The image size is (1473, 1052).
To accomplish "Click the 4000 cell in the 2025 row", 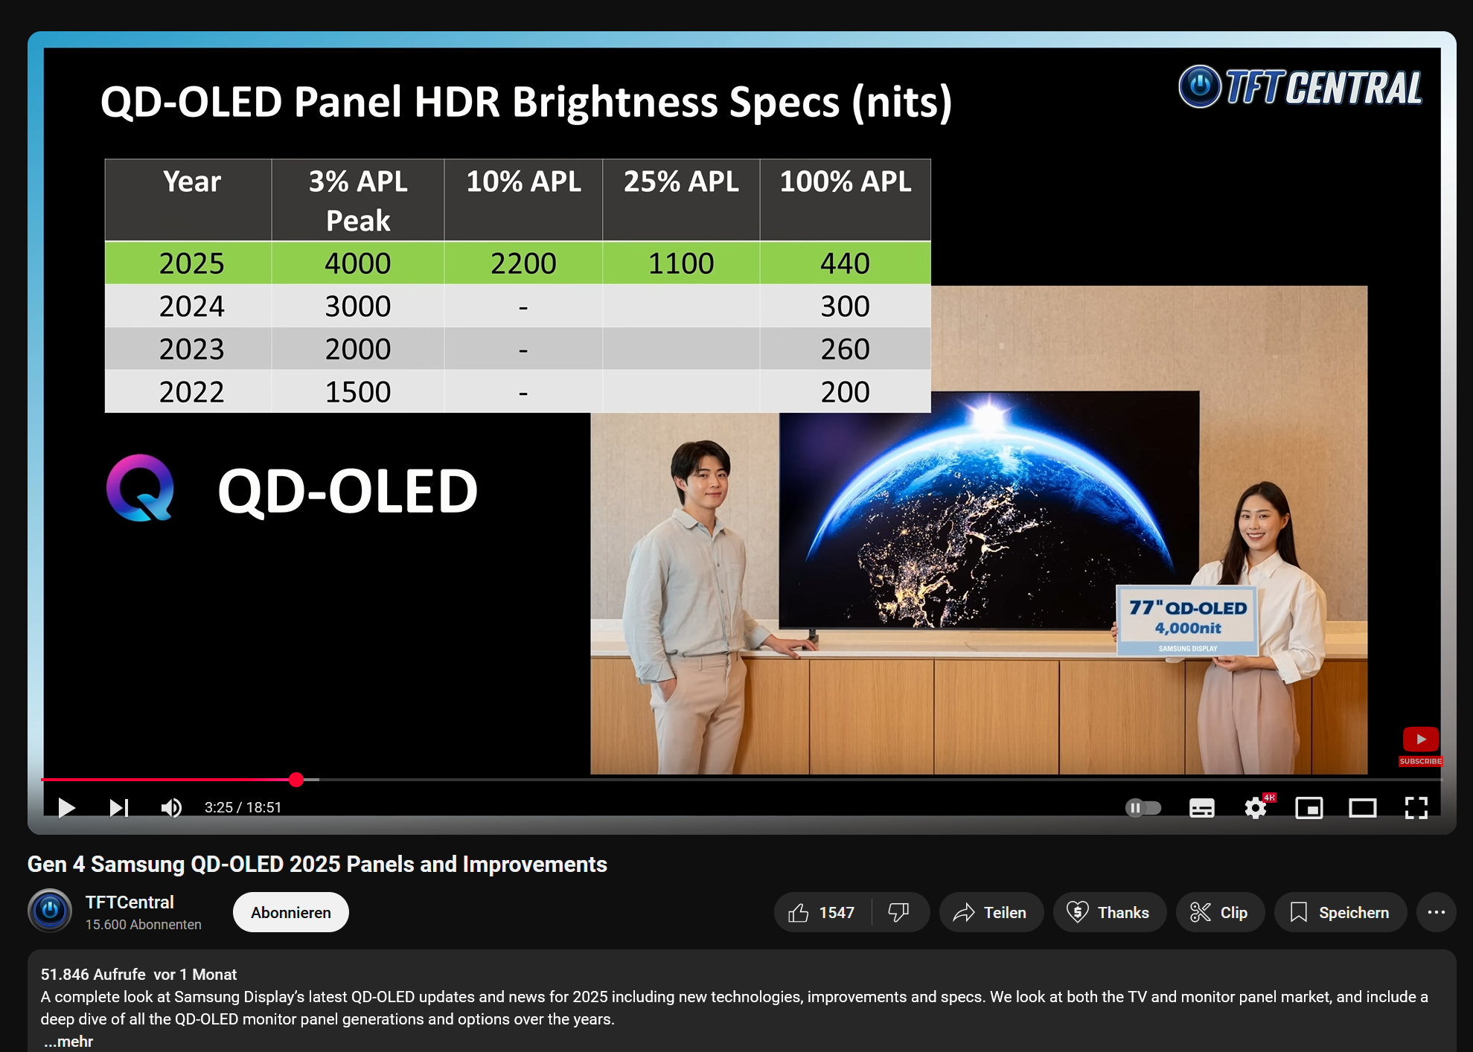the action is (357, 263).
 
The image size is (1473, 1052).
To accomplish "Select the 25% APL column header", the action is (681, 182).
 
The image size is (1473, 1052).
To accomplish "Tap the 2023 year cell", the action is (191, 349).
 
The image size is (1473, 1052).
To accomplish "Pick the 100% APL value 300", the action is (845, 307).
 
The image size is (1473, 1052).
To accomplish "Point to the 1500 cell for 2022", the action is (357, 392).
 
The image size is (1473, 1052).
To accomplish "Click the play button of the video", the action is (66, 807).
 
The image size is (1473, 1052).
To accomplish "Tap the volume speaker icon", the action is (171, 807).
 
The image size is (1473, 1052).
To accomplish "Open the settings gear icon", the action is (1256, 808).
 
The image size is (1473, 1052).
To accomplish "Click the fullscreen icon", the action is (1416, 808).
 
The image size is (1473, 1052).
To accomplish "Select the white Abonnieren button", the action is (291, 912).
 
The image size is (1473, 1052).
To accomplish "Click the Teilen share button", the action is (991, 912).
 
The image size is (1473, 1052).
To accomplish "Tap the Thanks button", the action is (1109, 912).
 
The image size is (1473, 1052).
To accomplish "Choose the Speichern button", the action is (1340, 912).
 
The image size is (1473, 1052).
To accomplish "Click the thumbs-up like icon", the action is (799, 912).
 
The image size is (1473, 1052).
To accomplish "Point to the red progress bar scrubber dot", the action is (296, 779).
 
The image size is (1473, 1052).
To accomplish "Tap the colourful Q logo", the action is (140, 488).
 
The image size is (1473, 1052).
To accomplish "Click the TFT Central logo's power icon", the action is (1200, 87).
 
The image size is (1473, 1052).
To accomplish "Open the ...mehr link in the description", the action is (68, 1042).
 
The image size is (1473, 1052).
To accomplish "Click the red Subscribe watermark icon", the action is (1421, 746).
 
